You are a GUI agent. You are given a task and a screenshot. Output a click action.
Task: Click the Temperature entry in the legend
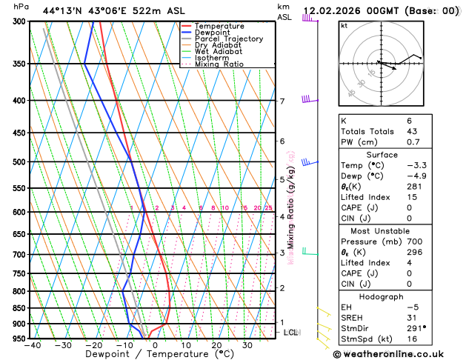220,26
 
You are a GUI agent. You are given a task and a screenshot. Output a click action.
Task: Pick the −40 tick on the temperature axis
32,345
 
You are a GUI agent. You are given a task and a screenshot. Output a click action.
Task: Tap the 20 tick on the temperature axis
216,345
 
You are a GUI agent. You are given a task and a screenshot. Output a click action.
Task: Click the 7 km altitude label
282,101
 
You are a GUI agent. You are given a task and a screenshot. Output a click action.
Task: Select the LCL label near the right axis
290,333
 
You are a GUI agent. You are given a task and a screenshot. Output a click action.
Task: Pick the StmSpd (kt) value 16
412,339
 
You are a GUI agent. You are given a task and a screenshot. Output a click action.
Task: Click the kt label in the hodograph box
344,25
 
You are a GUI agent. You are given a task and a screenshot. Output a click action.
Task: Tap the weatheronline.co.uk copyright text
399,354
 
